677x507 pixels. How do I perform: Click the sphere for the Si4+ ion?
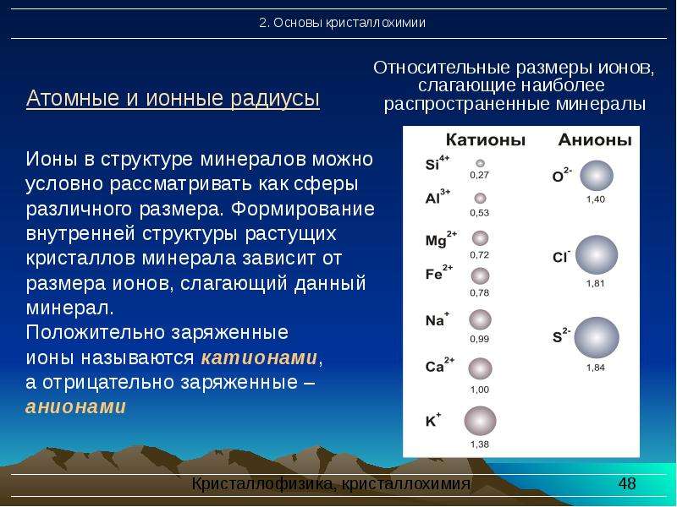coord(480,163)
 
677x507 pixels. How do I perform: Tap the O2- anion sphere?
coord(597,176)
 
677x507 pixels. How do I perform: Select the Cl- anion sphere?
coord(597,255)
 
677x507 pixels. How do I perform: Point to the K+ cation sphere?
coord(480,421)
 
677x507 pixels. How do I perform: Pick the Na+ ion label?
coord(437,319)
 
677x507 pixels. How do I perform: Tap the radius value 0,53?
coord(479,213)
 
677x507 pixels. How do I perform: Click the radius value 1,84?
coord(596,368)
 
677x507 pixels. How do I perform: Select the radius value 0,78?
coord(479,292)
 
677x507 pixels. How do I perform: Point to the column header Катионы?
coord(485,139)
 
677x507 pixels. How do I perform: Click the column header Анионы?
coord(595,139)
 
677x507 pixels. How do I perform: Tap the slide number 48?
coord(627,483)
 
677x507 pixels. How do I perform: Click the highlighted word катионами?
coord(259,357)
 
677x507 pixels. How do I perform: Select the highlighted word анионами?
coord(76,406)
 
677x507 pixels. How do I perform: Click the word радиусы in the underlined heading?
coord(274,98)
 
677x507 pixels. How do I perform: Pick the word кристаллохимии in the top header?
coord(376,23)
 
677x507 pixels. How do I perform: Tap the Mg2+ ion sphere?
coord(480,238)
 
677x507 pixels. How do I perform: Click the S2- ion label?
coord(561,335)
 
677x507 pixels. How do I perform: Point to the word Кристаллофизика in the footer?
coord(261,483)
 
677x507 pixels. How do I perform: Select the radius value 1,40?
coord(596,199)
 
